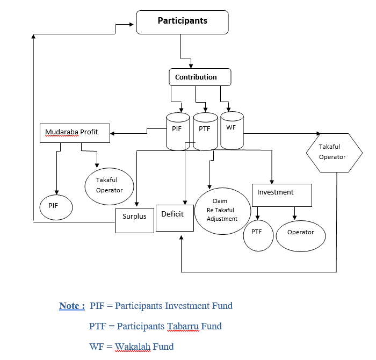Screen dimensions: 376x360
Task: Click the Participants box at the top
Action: coord(182,22)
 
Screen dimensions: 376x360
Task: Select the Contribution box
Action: coord(200,77)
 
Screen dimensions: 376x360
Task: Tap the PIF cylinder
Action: coord(178,132)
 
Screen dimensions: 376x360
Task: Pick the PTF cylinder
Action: coord(205,132)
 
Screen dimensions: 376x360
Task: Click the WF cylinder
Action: coord(232,130)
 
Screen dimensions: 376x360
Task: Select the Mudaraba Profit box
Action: coord(75,133)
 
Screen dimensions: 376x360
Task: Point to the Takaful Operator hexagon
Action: coord(334,153)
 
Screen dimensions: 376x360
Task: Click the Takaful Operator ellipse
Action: coord(110,186)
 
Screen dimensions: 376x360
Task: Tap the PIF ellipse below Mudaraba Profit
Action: coord(56,207)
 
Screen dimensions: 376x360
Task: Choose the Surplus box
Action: coord(135,220)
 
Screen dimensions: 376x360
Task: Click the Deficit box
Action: coord(175,218)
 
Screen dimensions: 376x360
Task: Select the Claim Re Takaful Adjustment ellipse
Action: coord(223,211)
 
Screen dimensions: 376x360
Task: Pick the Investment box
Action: coord(282,195)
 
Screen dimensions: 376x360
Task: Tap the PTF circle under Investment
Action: coord(258,235)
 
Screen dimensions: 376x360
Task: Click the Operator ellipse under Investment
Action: coord(301,236)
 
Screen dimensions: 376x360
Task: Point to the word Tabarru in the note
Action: coord(183,326)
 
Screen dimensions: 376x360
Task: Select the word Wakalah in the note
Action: coord(133,347)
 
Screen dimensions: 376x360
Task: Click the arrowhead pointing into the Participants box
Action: coord(132,25)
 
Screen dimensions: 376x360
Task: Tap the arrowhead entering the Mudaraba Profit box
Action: coord(112,133)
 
